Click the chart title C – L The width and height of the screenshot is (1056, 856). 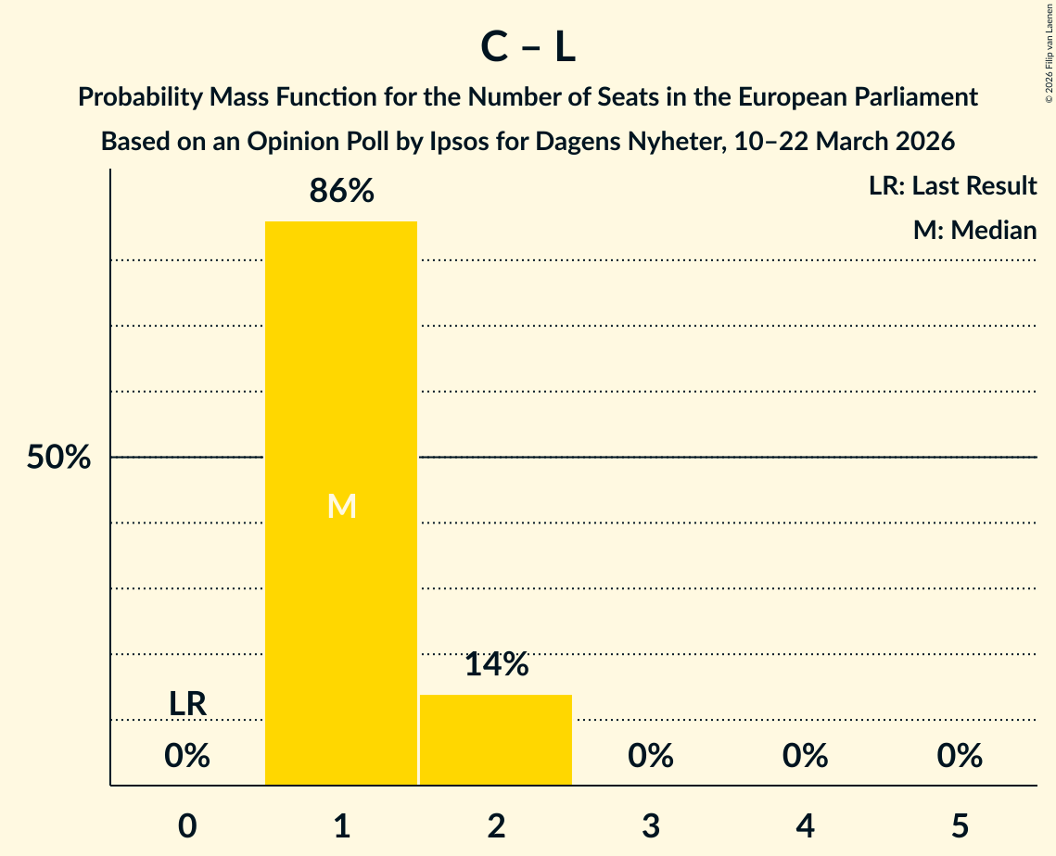coord(528,48)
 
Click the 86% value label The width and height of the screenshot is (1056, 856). coord(341,192)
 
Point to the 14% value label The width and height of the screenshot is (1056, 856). coord(496,664)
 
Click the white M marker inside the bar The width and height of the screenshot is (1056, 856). coord(341,506)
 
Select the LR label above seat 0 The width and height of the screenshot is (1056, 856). coord(187,704)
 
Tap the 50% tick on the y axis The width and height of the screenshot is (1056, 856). coord(58,458)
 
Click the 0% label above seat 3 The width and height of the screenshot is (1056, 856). coord(651,757)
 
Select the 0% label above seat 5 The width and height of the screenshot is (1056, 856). coord(960,757)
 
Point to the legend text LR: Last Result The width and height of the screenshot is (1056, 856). coord(952,186)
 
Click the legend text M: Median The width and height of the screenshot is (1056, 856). coord(974,230)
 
